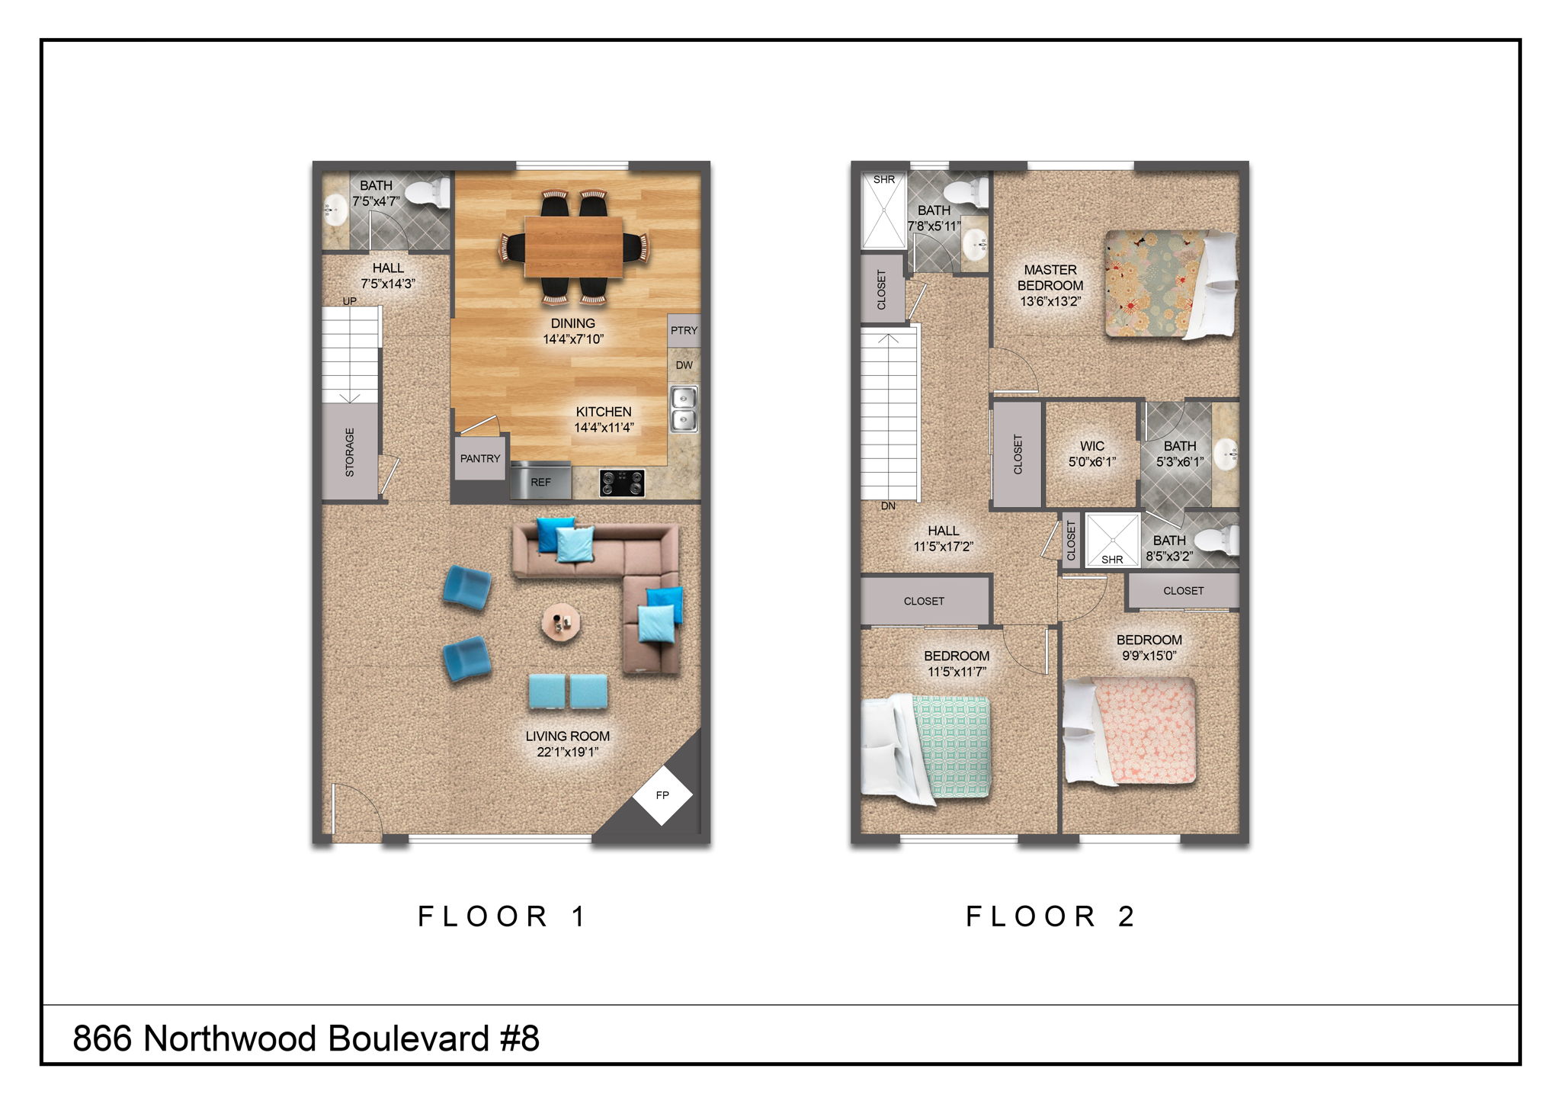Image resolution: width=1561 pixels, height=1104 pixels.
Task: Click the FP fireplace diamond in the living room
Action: click(662, 795)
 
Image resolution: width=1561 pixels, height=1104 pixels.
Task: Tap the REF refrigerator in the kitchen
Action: click(540, 482)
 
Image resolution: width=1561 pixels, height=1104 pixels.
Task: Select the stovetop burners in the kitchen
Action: click(622, 483)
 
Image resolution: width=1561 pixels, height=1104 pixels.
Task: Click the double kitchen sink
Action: click(684, 409)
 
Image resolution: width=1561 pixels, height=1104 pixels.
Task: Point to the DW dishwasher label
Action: click(684, 365)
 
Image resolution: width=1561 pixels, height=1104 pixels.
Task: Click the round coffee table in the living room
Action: click(561, 624)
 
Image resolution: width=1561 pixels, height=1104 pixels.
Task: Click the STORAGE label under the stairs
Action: click(350, 452)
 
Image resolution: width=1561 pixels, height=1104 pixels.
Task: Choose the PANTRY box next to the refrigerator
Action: click(480, 458)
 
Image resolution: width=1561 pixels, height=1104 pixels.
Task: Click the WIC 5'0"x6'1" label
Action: click(1091, 454)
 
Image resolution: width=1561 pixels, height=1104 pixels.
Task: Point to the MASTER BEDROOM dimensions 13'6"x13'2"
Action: click(1050, 301)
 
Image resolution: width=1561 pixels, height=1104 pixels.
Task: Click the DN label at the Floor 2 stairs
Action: click(888, 505)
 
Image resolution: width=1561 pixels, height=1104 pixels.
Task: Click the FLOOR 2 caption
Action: click(1050, 916)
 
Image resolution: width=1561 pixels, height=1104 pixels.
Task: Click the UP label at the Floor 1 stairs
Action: click(349, 301)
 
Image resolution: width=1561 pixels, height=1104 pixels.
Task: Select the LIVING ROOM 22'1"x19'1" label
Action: click(567, 744)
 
